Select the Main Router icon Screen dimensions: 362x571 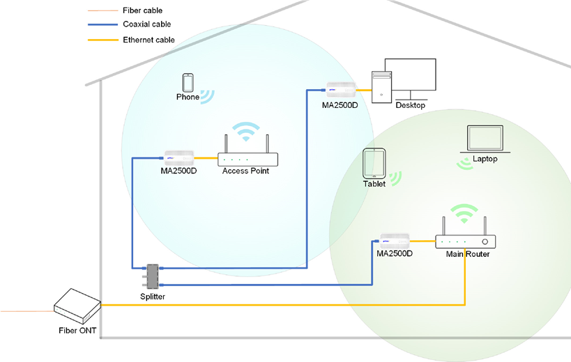point(465,242)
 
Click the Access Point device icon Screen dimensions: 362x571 point(248,159)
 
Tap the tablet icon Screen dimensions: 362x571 point(374,164)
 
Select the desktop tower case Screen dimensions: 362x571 point(381,87)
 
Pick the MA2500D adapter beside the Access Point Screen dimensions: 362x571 point(178,157)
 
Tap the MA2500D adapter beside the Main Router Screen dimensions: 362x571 point(395,241)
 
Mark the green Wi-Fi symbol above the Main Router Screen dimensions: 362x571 point(464,213)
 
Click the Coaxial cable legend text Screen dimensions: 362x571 point(147,24)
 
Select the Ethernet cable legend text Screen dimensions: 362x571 point(149,40)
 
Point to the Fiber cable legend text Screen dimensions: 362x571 point(143,10)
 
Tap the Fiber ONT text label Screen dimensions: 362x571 point(77,331)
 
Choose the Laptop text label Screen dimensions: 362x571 point(485,159)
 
